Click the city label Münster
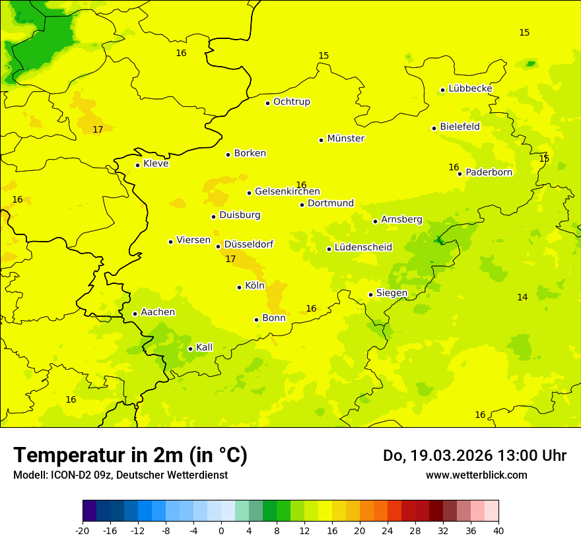[345, 139]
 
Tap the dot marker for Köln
[240, 287]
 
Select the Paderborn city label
[489, 172]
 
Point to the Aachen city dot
[135, 314]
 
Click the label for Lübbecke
[470, 88]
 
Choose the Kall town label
[204, 347]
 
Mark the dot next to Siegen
[371, 294]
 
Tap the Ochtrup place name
[291, 102]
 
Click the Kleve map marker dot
[138, 165]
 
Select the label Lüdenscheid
[363, 248]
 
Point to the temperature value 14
[522, 297]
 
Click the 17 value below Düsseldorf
[230, 259]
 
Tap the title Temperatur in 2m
[130, 455]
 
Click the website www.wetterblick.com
[476, 475]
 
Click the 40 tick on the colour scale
[498, 530]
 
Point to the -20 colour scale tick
[83, 530]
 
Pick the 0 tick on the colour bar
[221, 530]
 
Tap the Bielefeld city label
[460, 126]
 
